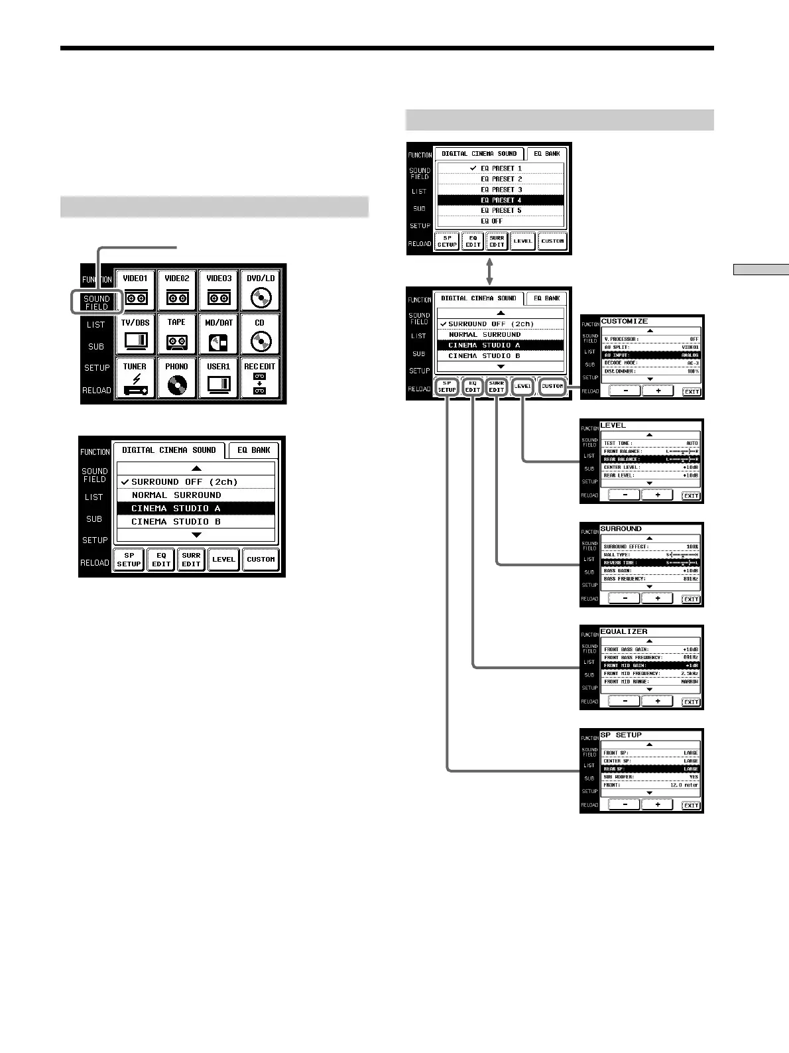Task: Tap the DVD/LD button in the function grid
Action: (261, 290)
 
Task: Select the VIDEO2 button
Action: (177, 290)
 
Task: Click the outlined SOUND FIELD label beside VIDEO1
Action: (96, 302)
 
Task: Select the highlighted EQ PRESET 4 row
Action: (501, 200)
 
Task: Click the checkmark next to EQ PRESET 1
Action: (473, 168)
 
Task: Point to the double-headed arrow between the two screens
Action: (489, 271)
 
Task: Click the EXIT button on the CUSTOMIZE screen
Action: (691, 392)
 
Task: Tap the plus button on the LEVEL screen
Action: (658, 495)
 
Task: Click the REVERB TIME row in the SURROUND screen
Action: (650, 562)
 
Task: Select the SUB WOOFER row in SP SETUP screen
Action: (650, 776)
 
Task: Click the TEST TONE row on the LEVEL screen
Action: (650, 443)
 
